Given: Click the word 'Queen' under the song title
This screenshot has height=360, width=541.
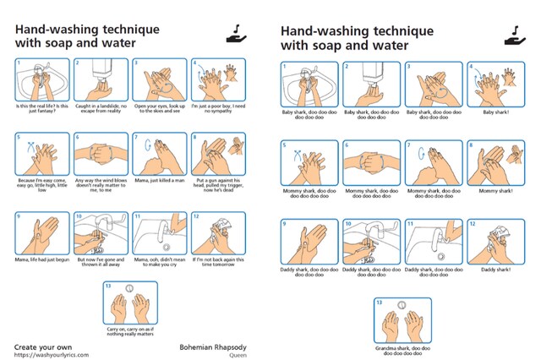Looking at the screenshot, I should coord(238,355).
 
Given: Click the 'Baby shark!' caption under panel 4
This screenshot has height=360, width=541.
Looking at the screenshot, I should coord(489,112).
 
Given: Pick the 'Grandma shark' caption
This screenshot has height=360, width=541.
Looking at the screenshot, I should coord(402,350).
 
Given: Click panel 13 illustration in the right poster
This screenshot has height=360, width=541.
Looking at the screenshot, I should coord(402,319).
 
